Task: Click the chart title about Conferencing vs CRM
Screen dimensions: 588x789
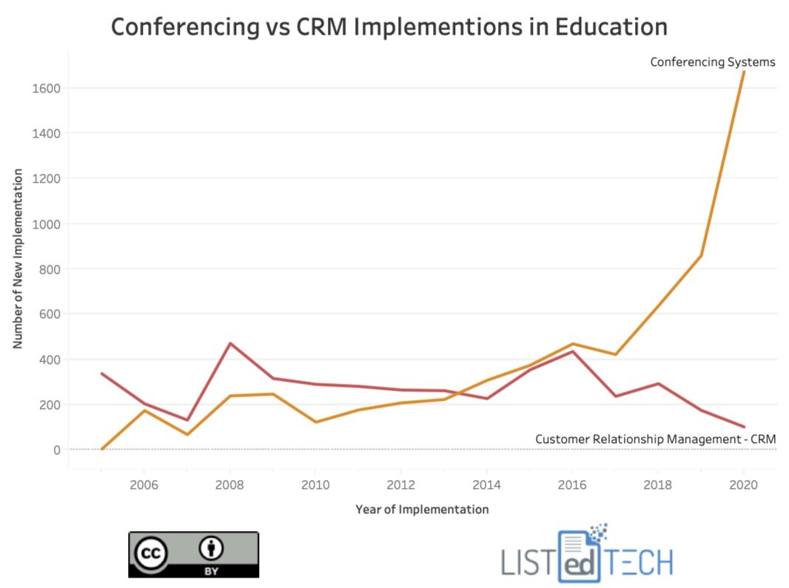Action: (389, 27)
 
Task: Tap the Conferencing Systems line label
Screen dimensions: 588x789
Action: (712, 62)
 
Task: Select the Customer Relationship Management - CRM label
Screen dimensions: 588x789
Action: (655, 439)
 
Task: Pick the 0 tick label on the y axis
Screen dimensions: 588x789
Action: (55, 450)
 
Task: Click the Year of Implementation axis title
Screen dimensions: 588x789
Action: (422, 510)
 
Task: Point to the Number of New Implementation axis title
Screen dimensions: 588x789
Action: (18, 259)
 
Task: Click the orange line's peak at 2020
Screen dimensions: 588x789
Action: (744, 72)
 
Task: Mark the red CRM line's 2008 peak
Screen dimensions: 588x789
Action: (230, 343)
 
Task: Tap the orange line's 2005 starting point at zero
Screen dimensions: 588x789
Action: (101, 449)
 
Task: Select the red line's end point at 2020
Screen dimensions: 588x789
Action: (744, 427)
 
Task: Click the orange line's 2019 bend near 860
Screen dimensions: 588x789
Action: (701, 256)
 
